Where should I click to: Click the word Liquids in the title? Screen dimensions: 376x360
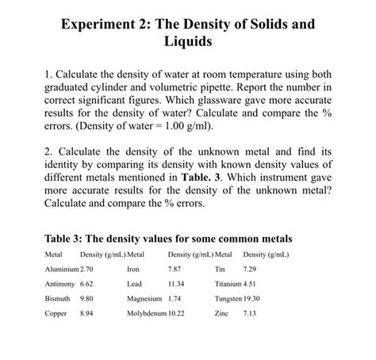(x=188, y=47)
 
